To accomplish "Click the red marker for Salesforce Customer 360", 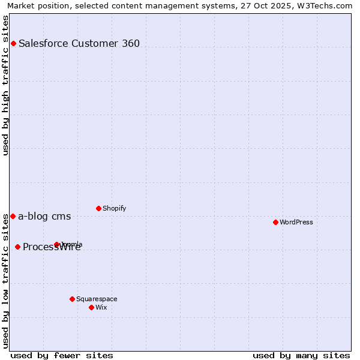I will tap(13, 43).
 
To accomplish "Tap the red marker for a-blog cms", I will tap(13, 216).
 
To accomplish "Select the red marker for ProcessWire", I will tap(17, 247).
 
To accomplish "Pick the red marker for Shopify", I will tap(98, 208).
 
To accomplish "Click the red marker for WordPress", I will tap(275, 222).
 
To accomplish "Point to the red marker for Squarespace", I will tap(72, 299).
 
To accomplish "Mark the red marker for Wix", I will tap(91, 307).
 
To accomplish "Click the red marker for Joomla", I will tap(57, 244).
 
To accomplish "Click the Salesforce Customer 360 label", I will tap(79, 43).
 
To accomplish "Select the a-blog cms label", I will tap(44, 217).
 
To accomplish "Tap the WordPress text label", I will tap(296, 222).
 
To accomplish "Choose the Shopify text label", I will tap(114, 208).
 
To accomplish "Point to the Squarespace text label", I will tap(97, 299).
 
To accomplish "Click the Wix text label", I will tap(101, 307).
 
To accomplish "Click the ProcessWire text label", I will tap(52, 247).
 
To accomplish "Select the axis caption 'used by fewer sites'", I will tap(62, 355).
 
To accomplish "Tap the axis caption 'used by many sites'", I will tap(301, 355).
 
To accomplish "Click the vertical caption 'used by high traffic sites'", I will tap(5, 85).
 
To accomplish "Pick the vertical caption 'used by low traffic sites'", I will tap(5, 280).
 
